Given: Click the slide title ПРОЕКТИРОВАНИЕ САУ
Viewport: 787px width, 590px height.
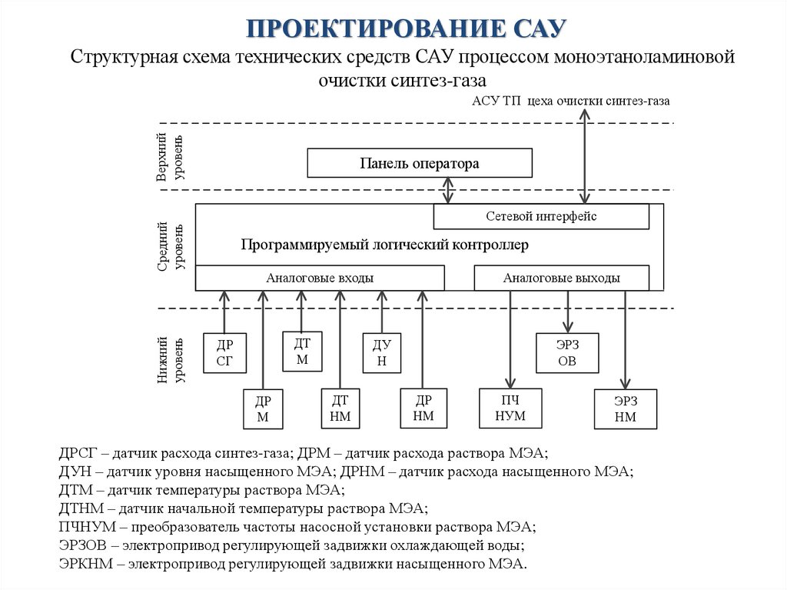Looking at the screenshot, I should (x=407, y=28).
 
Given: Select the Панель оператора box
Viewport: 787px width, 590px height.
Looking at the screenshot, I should (x=420, y=163).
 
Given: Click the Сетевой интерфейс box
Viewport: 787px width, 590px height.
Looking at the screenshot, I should (x=541, y=216).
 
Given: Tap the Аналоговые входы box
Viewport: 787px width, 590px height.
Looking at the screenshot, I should (x=320, y=278).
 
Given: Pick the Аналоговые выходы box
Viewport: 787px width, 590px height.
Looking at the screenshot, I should (x=561, y=278).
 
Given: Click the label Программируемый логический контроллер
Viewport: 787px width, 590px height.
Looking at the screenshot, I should (x=385, y=245).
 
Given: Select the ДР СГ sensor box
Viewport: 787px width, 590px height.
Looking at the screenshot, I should (x=224, y=353).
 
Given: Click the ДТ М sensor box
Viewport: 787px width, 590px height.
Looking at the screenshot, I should (x=302, y=352).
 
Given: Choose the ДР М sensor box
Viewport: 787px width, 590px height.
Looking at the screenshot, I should (x=263, y=409).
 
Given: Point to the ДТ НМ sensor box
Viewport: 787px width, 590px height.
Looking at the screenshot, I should (x=340, y=408).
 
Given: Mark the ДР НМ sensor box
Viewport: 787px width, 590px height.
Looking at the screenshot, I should (x=423, y=408).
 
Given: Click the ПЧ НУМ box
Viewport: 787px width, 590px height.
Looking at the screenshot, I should (x=510, y=408).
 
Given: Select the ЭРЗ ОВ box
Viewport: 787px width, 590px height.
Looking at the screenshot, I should (x=566, y=353).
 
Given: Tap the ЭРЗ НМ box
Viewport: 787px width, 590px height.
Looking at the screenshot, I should (x=626, y=409).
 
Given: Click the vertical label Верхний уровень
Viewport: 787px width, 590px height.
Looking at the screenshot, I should (x=170, y=157).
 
